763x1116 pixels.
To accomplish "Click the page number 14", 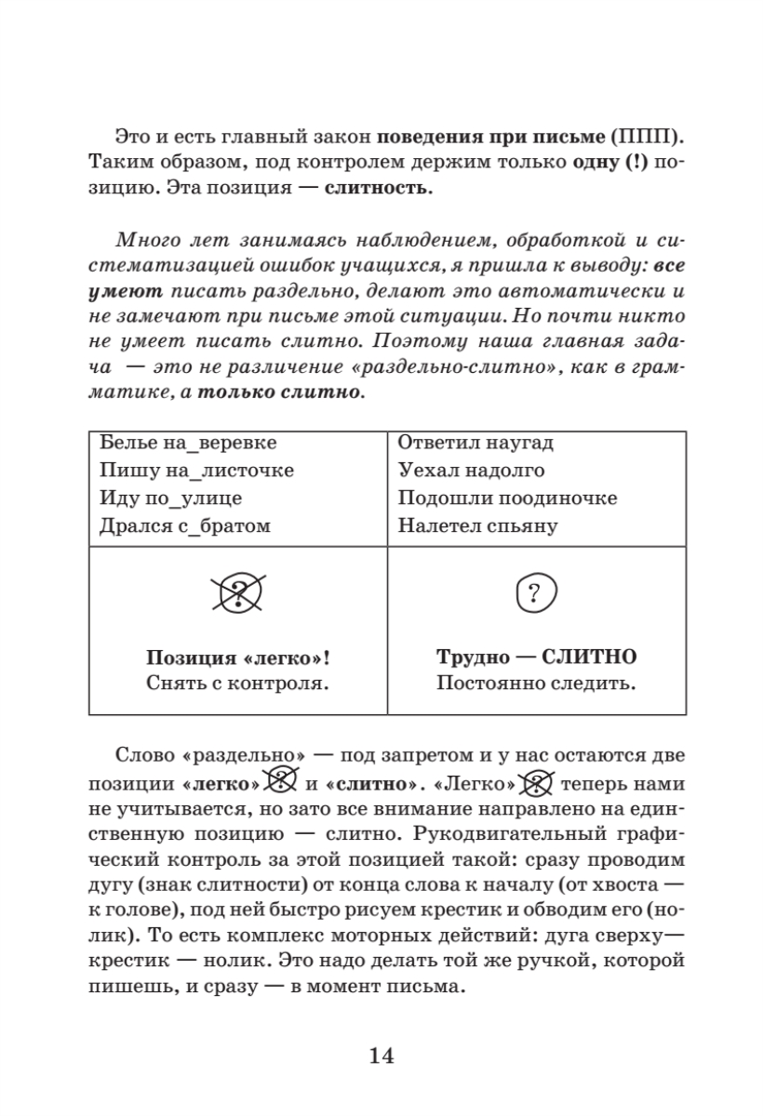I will pos(381,1055).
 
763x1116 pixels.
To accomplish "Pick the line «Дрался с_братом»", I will pos(184,526).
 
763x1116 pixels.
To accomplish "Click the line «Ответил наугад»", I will pos(475,444).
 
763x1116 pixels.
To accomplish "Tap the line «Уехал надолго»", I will pos(471,471).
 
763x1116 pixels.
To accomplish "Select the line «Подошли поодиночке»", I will pos(507,498).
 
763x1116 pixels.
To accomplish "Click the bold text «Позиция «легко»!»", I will pos(238,658).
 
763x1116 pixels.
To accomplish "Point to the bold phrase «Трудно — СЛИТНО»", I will pos(537,658).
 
